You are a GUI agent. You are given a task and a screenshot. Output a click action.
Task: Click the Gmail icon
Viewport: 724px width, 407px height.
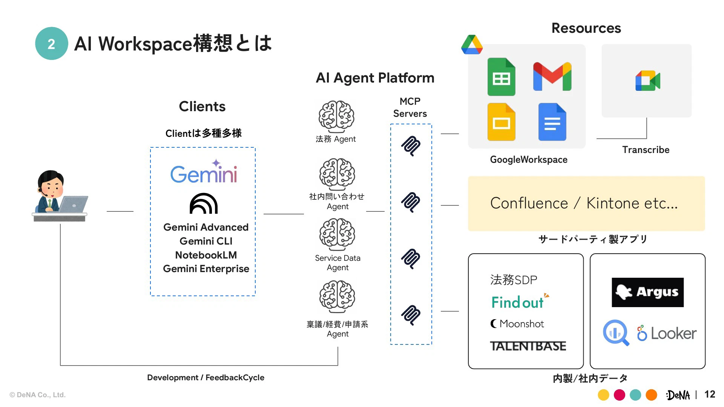pos(552,77)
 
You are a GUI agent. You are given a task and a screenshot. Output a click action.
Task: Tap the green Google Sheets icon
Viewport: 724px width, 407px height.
pos(501,77)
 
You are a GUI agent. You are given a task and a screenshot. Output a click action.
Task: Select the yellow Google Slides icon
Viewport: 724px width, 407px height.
pos(501,122)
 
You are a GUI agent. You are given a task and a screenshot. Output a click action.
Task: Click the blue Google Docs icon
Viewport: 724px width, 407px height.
pos(552,122)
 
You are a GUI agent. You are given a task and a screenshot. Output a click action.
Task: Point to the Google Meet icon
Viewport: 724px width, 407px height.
pos(647,81)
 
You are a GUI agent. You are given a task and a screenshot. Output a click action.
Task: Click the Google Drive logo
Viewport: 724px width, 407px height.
pos(472,45)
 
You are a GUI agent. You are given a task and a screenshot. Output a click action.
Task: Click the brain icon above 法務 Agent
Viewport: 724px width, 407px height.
pos(336,116)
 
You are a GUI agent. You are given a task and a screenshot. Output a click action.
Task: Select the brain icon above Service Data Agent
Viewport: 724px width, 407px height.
pos(337,234)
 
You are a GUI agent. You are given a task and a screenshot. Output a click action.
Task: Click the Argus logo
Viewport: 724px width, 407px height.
pos(647,292)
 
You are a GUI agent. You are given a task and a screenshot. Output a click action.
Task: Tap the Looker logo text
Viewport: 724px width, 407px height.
pos(673,334)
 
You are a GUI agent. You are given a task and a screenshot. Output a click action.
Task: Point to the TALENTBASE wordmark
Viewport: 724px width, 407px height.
pos(528,346)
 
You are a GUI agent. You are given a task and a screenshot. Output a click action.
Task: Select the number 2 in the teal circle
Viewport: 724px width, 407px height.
pos(52,44)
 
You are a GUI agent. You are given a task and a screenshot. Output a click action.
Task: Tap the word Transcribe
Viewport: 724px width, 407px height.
pos(646,150)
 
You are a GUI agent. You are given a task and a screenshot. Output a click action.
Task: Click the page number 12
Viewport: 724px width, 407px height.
pos(710,394)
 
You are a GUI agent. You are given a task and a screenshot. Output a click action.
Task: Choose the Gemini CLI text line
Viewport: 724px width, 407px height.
pos(206,241)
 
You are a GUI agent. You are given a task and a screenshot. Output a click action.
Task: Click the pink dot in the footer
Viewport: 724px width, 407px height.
pos(620,395)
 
